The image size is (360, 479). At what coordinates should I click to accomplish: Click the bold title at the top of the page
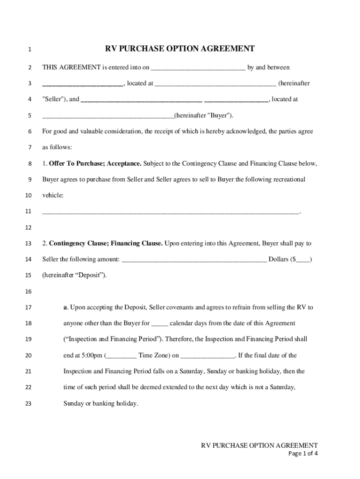(180, 49)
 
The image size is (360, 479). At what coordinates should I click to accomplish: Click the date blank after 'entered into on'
(198, 68)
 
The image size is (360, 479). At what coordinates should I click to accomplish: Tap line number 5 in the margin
(29, 116)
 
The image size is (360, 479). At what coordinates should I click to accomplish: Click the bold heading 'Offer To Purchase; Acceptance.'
(95, 164)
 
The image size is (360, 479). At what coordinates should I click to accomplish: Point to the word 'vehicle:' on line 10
(53, 195)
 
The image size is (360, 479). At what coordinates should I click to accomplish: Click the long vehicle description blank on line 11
(171, 212)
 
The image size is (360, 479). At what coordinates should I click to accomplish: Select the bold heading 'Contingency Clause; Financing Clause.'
(106, 243)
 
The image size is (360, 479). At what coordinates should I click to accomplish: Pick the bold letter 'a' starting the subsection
(65, 307)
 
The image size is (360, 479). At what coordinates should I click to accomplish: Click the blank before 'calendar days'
(159, 324)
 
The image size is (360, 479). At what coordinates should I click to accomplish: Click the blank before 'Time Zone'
(122, 356)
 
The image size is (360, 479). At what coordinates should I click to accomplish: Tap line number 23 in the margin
(29, 403)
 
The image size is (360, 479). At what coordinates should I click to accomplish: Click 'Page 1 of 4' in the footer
(303, 453)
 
